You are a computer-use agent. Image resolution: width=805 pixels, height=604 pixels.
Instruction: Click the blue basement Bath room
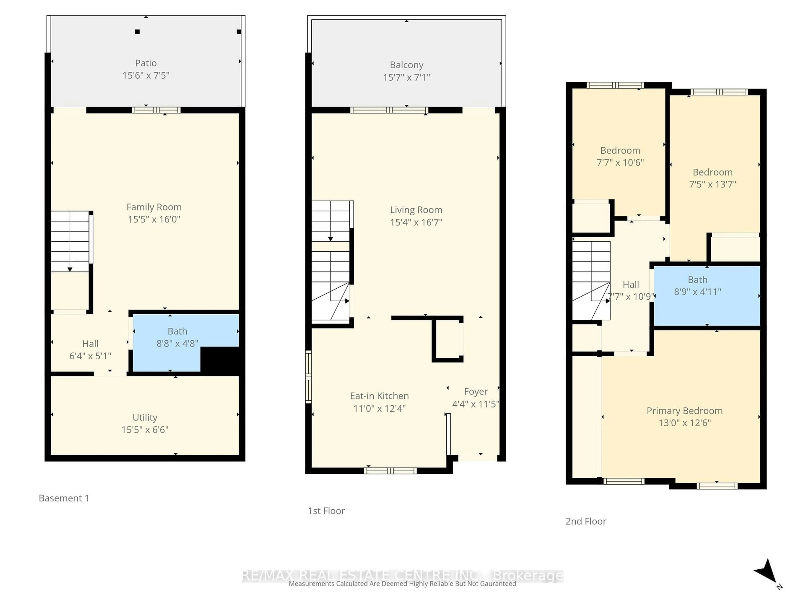(x=177, y=337)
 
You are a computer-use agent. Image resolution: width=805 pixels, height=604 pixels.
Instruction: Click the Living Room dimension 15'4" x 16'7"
(x=416, y=222)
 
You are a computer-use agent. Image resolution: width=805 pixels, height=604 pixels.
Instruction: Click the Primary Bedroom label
(x=684, y=411)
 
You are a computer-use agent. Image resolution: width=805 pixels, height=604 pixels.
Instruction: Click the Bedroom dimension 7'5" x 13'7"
(x=712, y=184)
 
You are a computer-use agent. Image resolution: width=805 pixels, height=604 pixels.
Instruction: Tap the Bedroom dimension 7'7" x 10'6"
(x=620, y=162)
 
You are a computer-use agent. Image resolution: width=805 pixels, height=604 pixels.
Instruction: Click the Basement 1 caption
(x=64, y=498)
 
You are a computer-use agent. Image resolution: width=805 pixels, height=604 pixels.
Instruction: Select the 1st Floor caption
(x=326, y=511)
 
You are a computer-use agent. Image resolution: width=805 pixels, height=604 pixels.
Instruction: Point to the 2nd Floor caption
(x=586, y=521)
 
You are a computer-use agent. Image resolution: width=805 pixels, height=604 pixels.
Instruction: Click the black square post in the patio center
(x=137, y=32)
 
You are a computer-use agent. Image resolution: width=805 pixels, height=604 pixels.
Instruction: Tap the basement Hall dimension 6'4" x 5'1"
(x=90, y=356)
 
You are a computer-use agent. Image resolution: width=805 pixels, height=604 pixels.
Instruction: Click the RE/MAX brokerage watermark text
(x=402, y=576)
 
